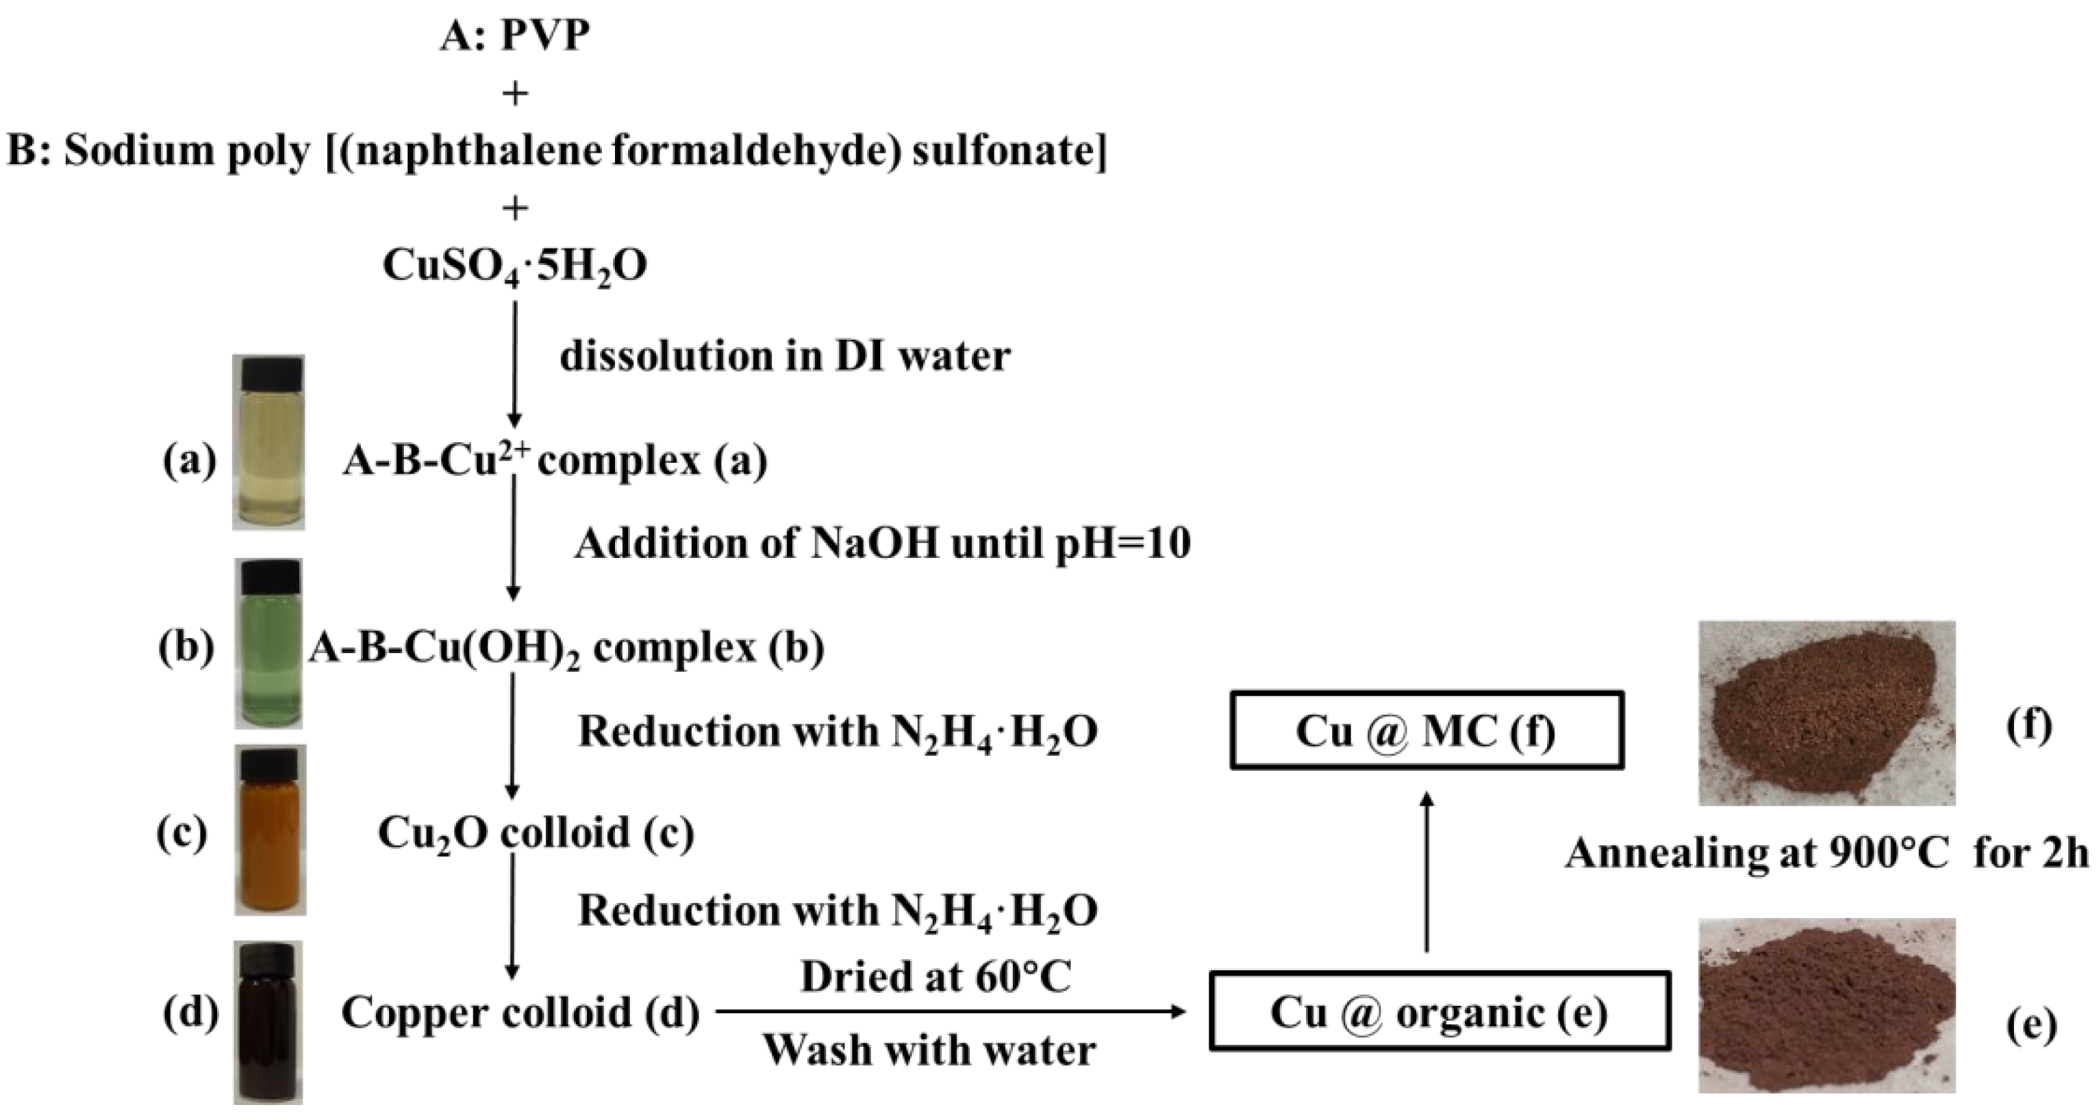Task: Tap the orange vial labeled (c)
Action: click(x=271, y=831)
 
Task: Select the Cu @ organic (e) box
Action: click(x=1439, y=1012)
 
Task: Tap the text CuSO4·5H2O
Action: click(x=515, y=266)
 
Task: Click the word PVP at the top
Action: click(x=544, y=36)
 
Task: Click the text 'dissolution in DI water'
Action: click(x=785, y=357)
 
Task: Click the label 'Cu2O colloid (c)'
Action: click(x=536, y=833)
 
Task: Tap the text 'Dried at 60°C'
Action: click(x=935, y=977)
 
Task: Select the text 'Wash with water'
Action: click(x=929, y=1050)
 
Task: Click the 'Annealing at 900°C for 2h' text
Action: click(x=1826, y=854)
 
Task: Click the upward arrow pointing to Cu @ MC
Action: click(x=1426, y=872)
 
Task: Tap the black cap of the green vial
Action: click(x=270, y=577)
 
